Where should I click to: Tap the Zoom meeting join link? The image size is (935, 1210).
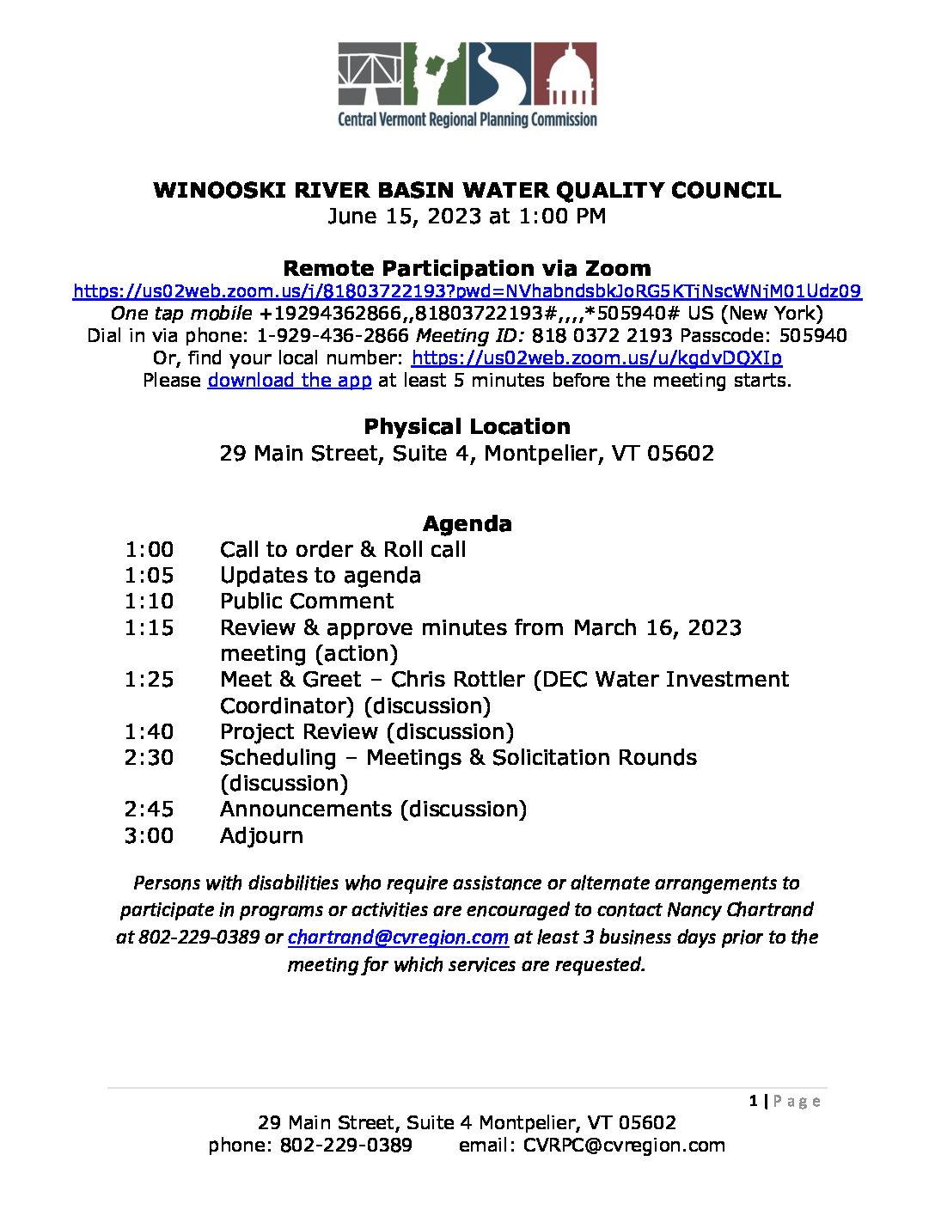pyautogui.click(x=467, y=291)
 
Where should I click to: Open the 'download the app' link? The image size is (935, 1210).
pyautogui.click(x=290, y=380)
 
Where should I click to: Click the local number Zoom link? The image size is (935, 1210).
pyautogui.click(x=596, y=357)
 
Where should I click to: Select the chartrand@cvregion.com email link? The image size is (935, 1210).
pyautogui.click(x=398, y=937)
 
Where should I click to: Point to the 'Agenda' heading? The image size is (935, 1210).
pyautogui.click(x=467, y=523)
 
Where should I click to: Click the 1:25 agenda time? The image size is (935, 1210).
pyautogui.click(x=149, y=680)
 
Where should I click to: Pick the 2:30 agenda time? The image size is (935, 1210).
pyautogui.click(x=149, y=758)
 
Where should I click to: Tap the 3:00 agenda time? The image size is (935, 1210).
pyautogui.click(x=149, y=835)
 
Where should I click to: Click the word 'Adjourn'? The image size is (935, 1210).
pyautogui.click(x=261, y=835)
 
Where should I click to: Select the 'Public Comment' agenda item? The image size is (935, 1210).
pyautogui.click(x=307, y=601)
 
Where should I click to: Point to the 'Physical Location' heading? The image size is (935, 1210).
pyautogui.click(x=467, y=426)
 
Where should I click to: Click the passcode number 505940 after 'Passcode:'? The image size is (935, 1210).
pyautogui.click(x=812, y=335)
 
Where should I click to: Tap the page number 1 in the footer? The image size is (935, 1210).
pyautogui.click(x=754, y=1101)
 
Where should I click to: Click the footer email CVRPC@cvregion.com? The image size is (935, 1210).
pyautogui.click(x=624, y=1146)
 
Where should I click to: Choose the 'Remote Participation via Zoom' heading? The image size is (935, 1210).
pyautogui.click(x=467, y=268)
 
